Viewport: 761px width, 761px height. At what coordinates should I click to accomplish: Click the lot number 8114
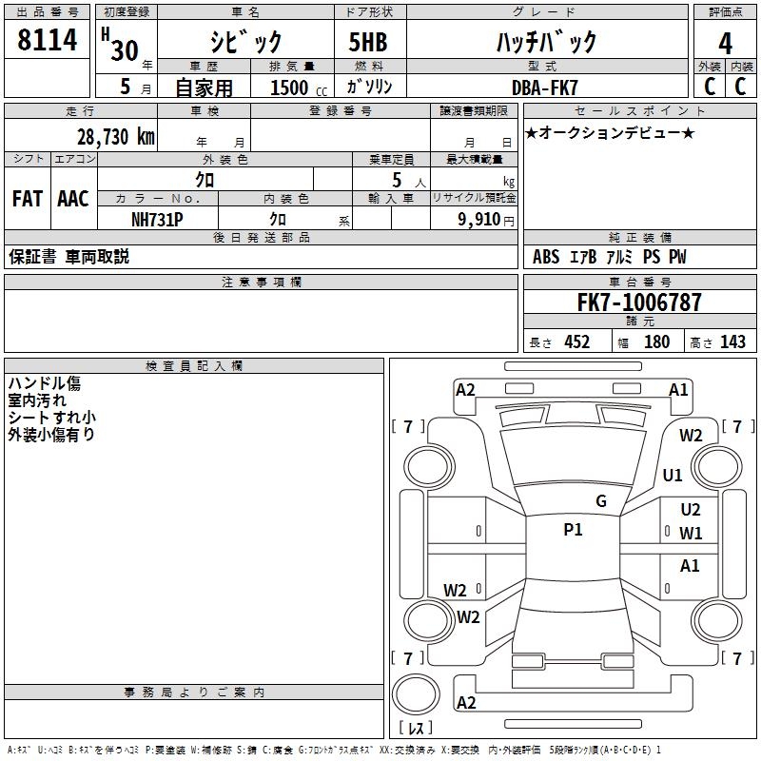(47, 40)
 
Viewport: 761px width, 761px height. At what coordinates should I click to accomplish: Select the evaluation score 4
(725, 44)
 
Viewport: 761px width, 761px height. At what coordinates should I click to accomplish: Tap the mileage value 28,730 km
(115, 137)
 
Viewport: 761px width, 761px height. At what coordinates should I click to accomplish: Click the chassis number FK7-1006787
(639, 302)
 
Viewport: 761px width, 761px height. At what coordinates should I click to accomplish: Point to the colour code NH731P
(157, 220)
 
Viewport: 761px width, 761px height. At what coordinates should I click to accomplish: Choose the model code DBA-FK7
(544, 88)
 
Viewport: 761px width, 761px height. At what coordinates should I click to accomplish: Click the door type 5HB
(368, 42)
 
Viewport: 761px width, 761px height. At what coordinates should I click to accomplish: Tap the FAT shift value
(28, 199)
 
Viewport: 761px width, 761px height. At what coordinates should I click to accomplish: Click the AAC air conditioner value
(73, 199)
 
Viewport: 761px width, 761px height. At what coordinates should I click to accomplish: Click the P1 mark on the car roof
(573, 530)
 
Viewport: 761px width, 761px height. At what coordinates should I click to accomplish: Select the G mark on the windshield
(601, 501)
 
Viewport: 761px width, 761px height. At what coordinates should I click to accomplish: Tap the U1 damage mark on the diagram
(673, 475)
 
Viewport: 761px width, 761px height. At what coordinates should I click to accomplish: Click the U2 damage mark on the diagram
(691, 510)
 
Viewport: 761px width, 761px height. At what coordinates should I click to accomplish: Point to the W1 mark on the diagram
(691, 534)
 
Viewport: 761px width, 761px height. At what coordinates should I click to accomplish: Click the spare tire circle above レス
(416, 694)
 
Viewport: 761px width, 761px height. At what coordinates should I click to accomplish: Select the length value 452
(577, 342)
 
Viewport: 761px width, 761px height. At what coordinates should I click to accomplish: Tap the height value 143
(732, 342)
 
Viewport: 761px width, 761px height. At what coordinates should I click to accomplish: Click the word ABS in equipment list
(546, 257)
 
